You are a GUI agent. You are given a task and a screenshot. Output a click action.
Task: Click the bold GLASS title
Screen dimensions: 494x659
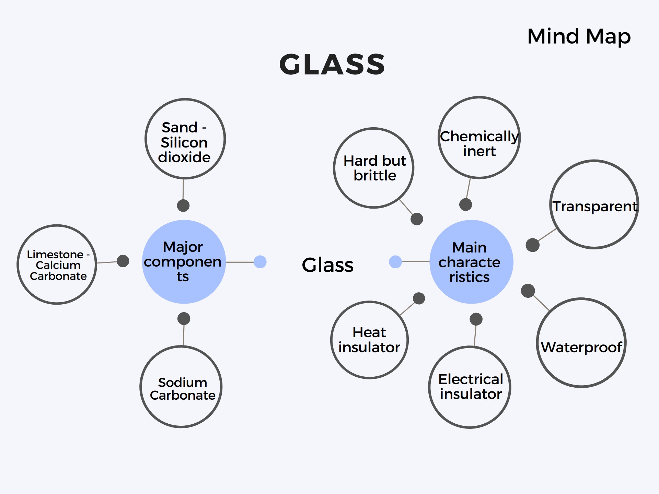pos(332,64)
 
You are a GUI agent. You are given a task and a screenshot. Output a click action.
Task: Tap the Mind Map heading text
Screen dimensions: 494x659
pos(579,36)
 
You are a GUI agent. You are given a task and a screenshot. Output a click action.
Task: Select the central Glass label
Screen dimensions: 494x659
pos(327,265)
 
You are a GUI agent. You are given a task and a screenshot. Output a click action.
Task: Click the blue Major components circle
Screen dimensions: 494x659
pos(184,262)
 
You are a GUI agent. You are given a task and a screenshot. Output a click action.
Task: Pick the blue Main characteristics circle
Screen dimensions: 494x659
pos(471,262)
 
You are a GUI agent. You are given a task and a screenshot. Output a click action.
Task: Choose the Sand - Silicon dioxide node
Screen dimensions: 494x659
pos(185,139)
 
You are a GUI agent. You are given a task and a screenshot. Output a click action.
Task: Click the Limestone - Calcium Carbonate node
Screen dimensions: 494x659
pos(57,264)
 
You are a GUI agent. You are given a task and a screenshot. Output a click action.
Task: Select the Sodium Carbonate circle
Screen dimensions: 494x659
pos(181,387)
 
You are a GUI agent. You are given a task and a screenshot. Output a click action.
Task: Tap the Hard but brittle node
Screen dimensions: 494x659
pos(373,168)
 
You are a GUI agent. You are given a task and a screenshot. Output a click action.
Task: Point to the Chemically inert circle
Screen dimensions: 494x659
pos(479,138)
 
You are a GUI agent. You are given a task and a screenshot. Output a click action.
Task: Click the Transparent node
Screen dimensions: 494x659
pos(594,204)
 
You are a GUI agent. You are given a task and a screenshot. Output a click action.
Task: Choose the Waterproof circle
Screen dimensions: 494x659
pos(581,343)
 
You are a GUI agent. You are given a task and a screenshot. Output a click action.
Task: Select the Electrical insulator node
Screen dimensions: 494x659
pos(470,387)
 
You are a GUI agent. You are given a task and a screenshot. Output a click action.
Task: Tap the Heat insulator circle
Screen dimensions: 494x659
pos(369,340)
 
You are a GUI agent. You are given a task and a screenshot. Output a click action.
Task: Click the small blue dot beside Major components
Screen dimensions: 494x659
pos(260,262)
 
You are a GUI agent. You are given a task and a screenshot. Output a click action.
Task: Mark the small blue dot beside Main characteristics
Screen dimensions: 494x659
pos(395,262)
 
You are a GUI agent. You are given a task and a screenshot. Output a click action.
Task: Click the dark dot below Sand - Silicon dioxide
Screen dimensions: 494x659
pos(183,205)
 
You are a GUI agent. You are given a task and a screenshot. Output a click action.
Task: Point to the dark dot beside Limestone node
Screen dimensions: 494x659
pos(123,261)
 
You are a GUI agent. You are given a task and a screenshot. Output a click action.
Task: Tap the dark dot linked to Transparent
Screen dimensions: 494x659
pos(533,245)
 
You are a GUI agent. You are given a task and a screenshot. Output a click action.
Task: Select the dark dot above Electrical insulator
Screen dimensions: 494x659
pos(476,319)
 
